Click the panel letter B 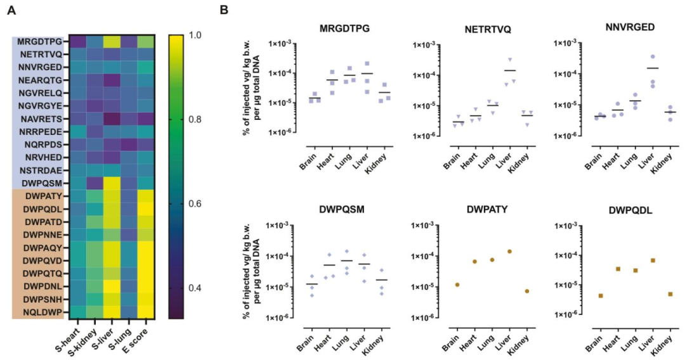pos(225,9)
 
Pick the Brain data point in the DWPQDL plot pos(600,296)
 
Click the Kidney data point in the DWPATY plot pos(527,292)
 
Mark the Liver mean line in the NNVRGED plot pos(653,68)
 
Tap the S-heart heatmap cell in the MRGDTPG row pos(77,42)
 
